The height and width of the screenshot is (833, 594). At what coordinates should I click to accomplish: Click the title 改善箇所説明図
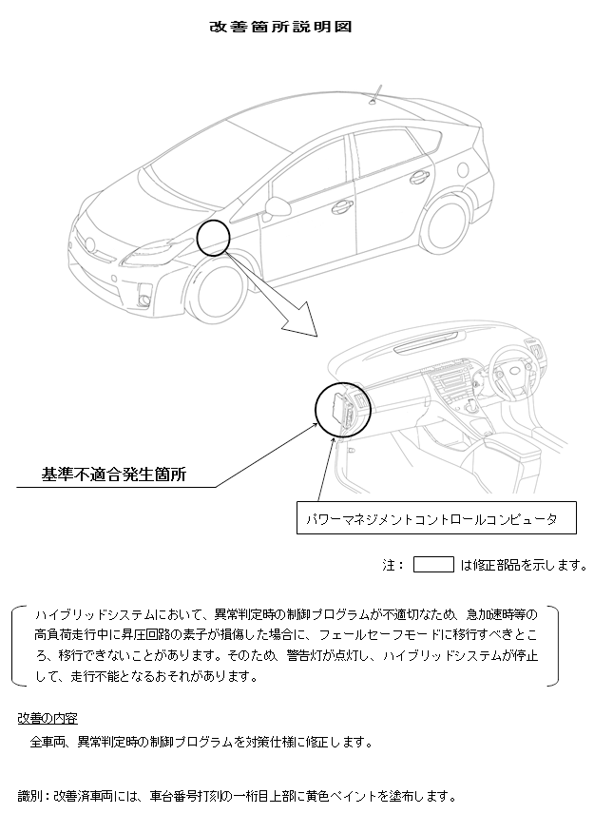click(x=280, y=27)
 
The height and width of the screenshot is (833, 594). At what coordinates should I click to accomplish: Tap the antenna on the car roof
click(x=375, y=93)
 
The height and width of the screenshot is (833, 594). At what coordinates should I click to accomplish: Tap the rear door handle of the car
click(x=419, y=178)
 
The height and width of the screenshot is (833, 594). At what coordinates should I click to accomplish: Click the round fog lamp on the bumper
click(x=144, y=301)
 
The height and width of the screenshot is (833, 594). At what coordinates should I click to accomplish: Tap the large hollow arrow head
click(x=301, y=322)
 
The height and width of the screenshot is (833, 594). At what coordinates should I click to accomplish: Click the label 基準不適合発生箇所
click(x=114, y=475)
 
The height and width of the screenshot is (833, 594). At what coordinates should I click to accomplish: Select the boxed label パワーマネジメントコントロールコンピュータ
click(x=436, y=518)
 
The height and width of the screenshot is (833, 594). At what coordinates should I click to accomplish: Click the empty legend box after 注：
click(x=433, y=564)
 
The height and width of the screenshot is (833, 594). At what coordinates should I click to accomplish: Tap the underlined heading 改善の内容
click(x=48, y=718)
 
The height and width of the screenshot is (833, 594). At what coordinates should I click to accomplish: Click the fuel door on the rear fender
click(x=463, y=169)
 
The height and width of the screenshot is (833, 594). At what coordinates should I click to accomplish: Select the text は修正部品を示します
click(x=523, y=565)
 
